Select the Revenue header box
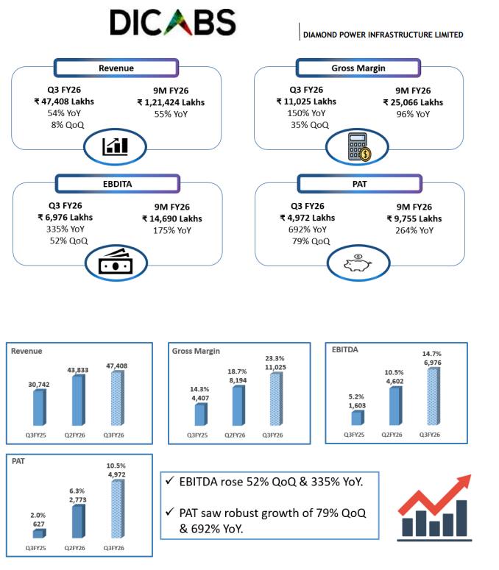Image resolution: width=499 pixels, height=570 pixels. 116,68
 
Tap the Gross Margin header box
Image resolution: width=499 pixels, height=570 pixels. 358,68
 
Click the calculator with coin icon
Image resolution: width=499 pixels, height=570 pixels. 358,147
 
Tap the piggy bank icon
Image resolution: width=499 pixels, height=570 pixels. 358,264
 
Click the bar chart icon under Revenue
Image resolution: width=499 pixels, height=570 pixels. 117,146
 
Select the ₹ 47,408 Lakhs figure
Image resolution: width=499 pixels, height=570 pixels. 65,101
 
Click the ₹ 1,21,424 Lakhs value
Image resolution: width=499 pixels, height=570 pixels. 171,102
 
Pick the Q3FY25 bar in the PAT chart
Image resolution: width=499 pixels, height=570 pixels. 38,533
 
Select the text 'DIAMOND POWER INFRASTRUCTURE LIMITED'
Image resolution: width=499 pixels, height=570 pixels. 383,35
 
